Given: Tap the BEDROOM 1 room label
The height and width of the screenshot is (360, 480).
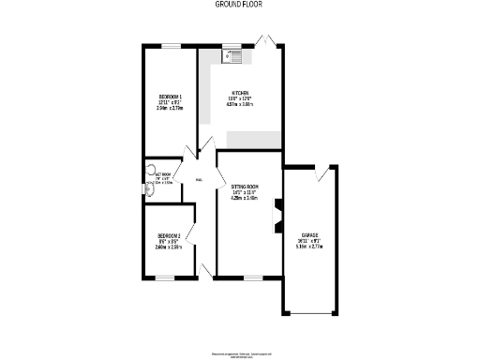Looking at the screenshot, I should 170,97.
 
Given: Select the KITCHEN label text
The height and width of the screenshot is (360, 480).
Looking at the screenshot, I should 240,93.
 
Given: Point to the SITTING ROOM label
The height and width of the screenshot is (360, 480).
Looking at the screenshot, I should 244,187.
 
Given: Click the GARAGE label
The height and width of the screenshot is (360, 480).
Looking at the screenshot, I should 308,234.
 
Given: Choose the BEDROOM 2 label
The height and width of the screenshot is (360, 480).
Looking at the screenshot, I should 169,234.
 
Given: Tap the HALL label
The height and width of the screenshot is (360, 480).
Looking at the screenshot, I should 199,179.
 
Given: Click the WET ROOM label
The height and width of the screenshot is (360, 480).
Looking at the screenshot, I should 163,174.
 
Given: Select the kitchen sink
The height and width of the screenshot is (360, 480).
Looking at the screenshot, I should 232,56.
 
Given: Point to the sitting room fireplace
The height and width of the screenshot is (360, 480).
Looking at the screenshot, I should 276,215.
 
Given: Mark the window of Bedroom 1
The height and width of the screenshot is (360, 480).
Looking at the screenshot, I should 170,45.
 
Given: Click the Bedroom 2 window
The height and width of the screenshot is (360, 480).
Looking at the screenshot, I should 165,277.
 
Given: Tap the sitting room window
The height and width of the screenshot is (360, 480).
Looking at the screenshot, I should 252,277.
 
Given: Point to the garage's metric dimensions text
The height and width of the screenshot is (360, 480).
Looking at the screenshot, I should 308,247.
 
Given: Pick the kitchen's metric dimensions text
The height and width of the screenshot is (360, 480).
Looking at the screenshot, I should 240,106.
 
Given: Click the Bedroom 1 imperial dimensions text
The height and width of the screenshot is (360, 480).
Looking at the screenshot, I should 170,103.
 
